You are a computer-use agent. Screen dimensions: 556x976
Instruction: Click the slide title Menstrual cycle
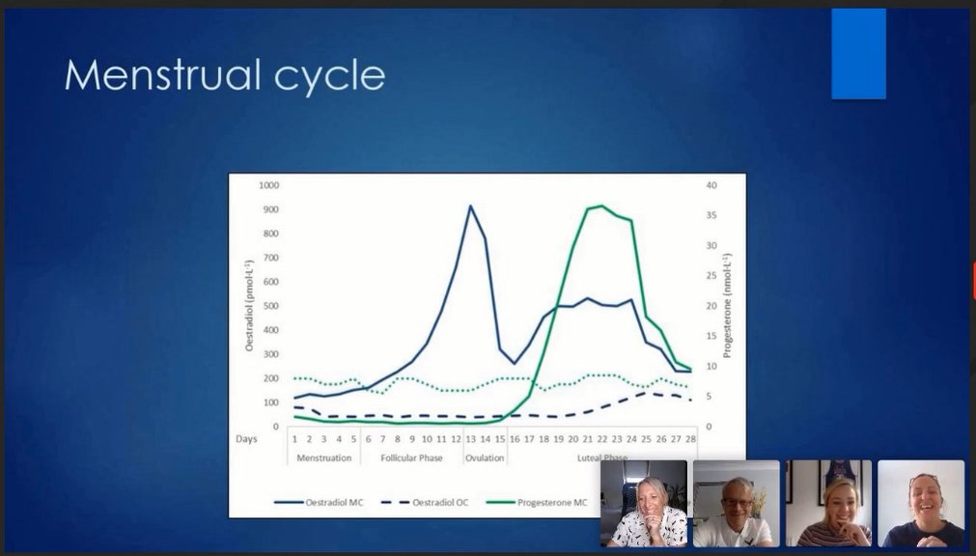pyautogui.click(x=224, y=75)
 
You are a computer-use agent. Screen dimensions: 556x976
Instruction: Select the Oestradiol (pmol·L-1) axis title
pyautogui.click(x=248, y=305)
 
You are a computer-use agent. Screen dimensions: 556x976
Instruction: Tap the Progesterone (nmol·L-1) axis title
pyautogui.click(x=728, y=305)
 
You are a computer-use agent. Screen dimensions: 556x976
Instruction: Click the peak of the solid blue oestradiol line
pyautogui.click(x=470, y=206)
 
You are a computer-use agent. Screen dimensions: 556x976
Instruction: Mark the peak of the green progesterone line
pyautogui.click(x=601, y=206)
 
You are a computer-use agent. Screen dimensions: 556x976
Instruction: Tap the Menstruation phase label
pyautogui.click(x=323, y=458)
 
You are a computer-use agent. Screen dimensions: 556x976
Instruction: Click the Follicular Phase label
pyautogui.click(x=411, y=458)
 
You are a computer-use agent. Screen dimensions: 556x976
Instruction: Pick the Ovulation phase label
pyautogui.click(x=485, y=458)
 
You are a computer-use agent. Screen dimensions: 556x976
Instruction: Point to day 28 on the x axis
pyautogui.click(x=689, y=438)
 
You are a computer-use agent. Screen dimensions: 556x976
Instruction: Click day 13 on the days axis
pyautogui.click(x=470, y=438)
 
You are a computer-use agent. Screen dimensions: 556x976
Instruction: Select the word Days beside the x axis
pyautogui.click(x=246, y=438)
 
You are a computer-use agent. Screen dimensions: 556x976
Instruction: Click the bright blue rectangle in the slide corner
pyautogui.click(x=858, y=54)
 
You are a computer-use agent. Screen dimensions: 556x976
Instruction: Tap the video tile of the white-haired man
pyautogui.click(x=736, y=504)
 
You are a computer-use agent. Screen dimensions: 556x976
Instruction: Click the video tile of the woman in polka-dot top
pyautogui.click(x=644, y=504)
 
